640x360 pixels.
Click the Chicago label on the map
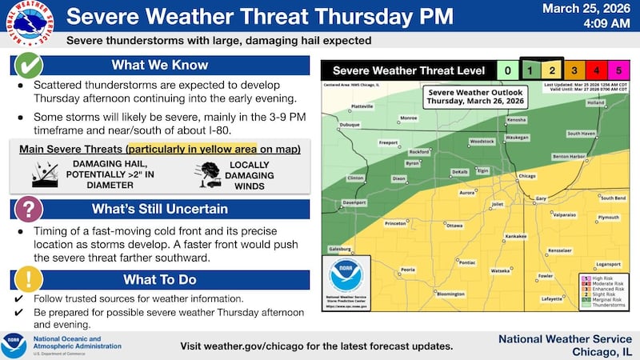click(x=526, y=175)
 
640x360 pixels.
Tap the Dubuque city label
click(x=349, y=124)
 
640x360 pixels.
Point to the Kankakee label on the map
click(x=514, y=237)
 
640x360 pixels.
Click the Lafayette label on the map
click(x=551, y=298)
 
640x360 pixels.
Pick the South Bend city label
click(x=612, y=198)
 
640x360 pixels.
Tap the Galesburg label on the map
click(x=340, y=249)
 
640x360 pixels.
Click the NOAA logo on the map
click(x=346, y=275)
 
